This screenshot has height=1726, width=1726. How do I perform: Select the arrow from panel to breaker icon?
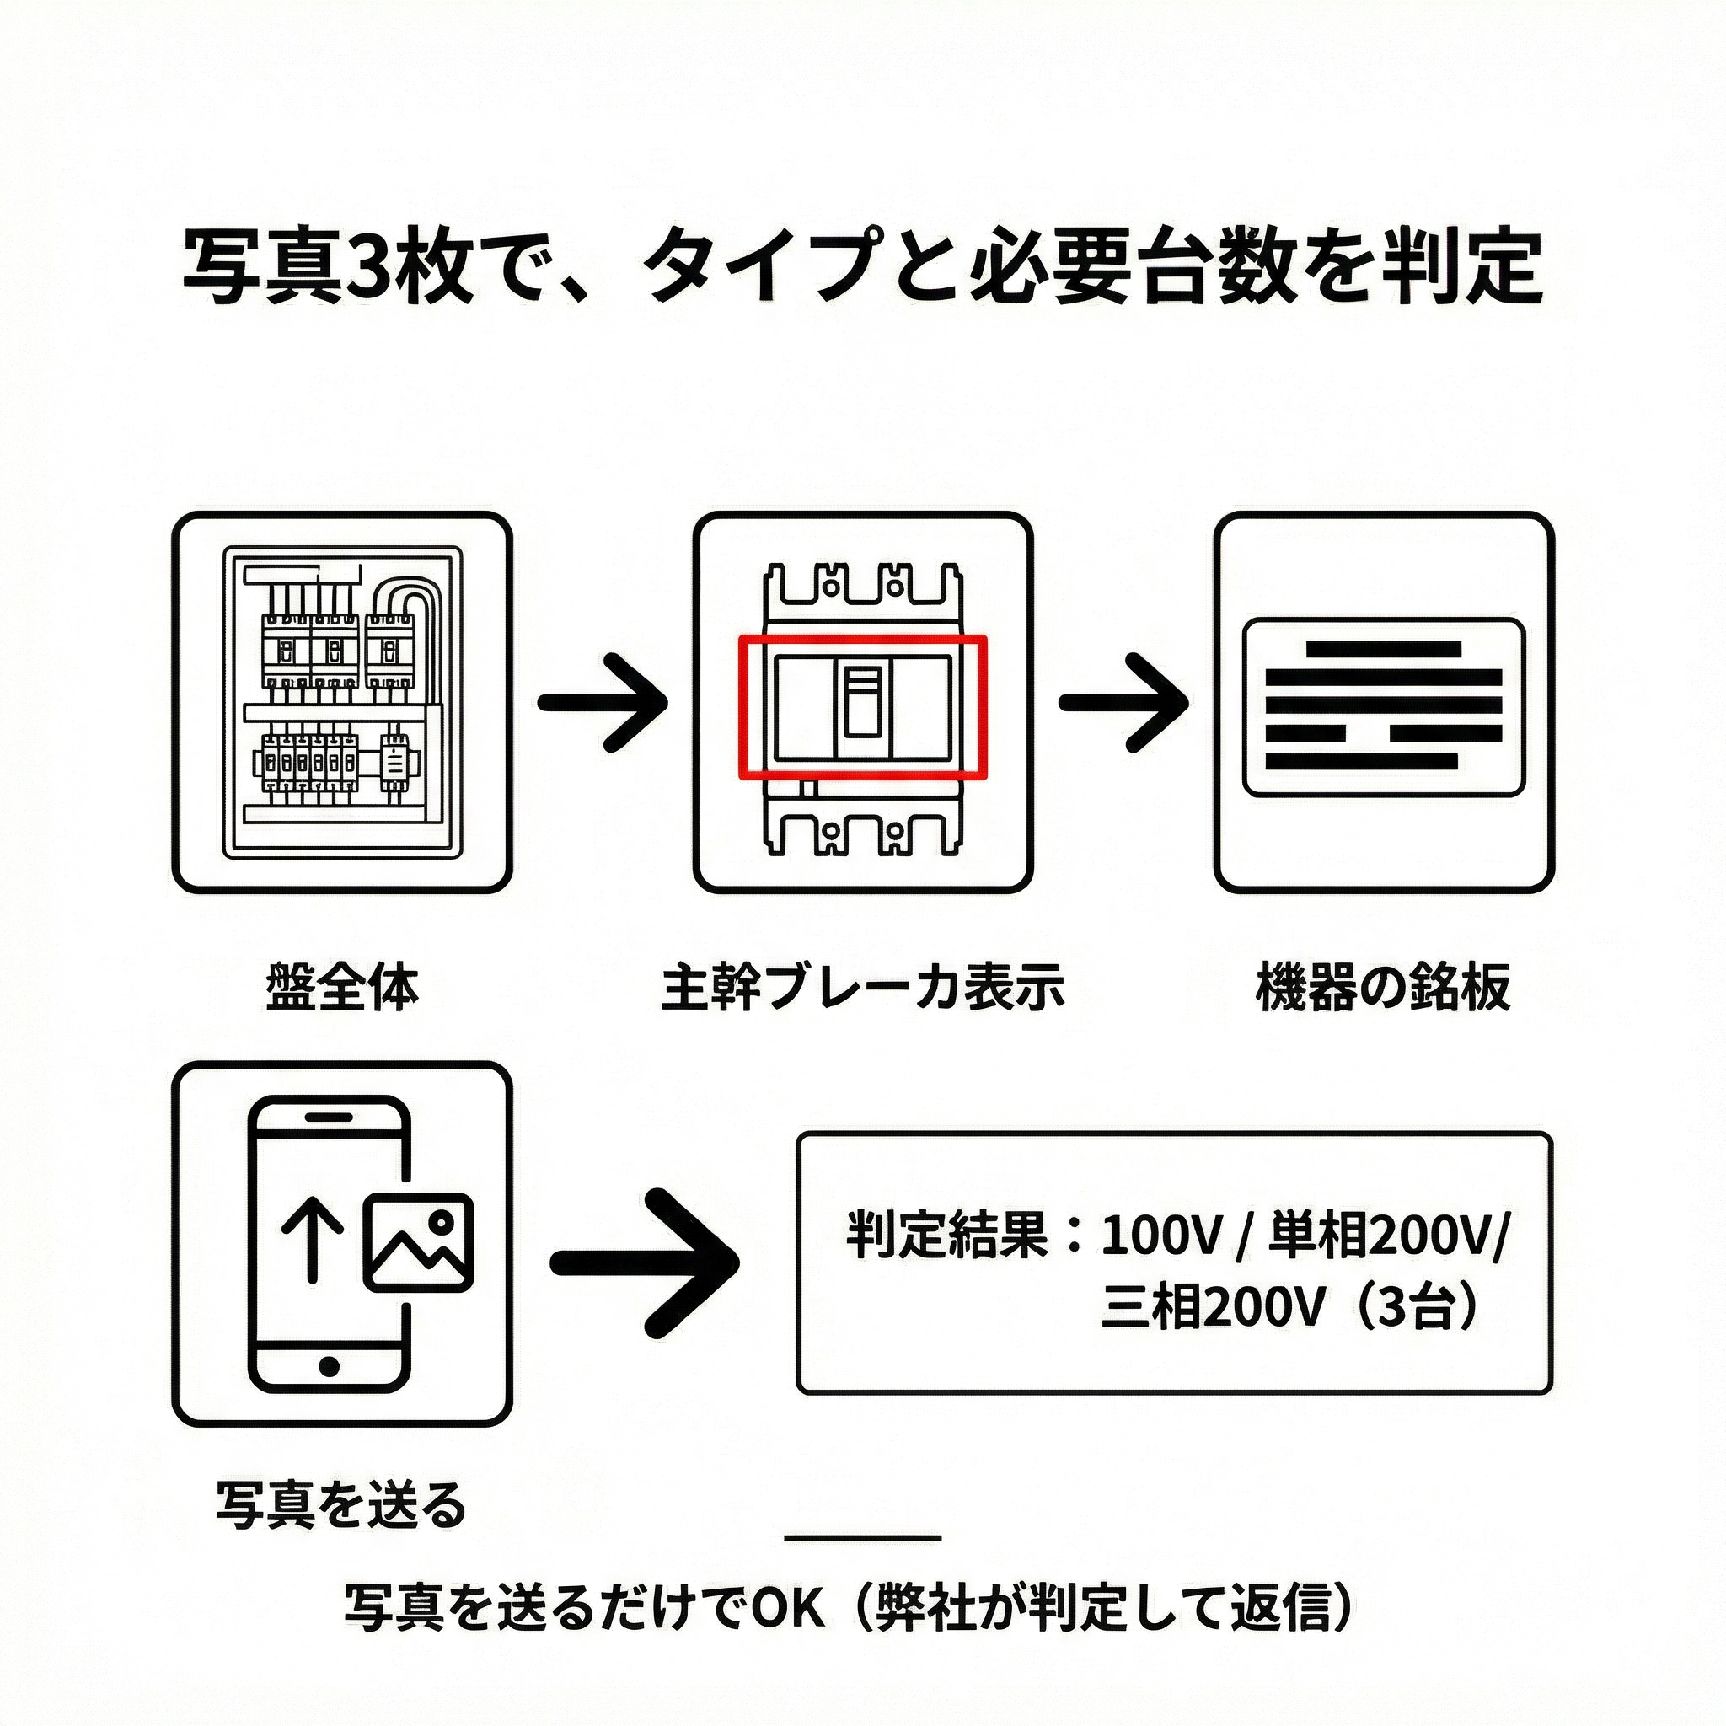click(603, 702)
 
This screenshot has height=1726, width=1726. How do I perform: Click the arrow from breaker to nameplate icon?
click(1124, 702)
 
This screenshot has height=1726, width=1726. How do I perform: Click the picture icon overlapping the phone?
click(417, 1241)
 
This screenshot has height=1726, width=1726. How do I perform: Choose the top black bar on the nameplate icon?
click(1383, 649)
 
